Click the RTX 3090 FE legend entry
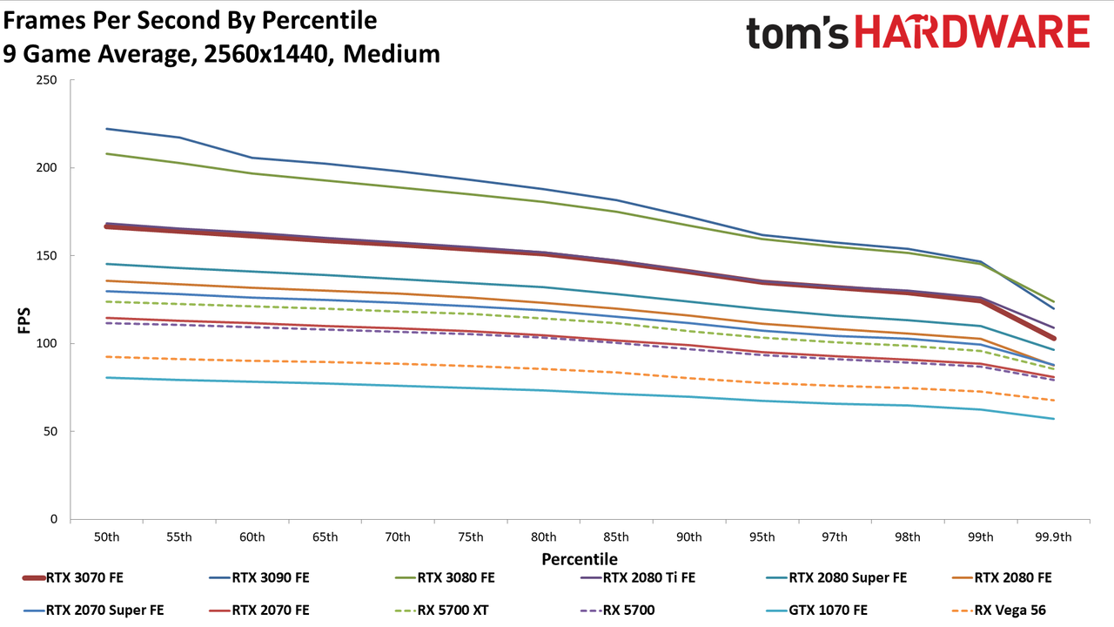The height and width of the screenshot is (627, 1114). click(x=259, y=577)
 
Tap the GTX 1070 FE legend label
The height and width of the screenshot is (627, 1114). click(x=828, y=610)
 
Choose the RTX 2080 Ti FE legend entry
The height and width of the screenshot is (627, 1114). click(x=638, y=577)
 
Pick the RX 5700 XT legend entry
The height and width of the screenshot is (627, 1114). click(x=441, y=610)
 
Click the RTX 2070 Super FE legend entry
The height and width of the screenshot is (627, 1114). click(x=93, y=610)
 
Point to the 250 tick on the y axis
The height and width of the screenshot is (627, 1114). click(x=46, y=80)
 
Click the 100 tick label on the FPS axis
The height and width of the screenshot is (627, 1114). click(x=46, y=343)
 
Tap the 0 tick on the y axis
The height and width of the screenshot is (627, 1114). click(x=54, y=519)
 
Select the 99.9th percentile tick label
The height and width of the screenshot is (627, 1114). click(x=1053, y=537)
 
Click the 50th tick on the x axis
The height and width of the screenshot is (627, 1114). click(x=107, y=537)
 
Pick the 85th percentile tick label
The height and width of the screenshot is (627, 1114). click(x=616, y=537)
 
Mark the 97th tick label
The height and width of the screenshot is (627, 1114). click(x=835, y=537)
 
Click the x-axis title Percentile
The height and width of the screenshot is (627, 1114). click(x=580, y=559)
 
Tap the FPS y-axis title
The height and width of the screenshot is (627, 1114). click(x=23, y=320)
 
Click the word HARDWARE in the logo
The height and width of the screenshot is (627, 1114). click(x=972, y=31)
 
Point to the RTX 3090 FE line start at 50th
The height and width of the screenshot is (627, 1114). click(x=107, y=129)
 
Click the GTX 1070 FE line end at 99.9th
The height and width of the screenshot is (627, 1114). click(x=1053, y=419)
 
